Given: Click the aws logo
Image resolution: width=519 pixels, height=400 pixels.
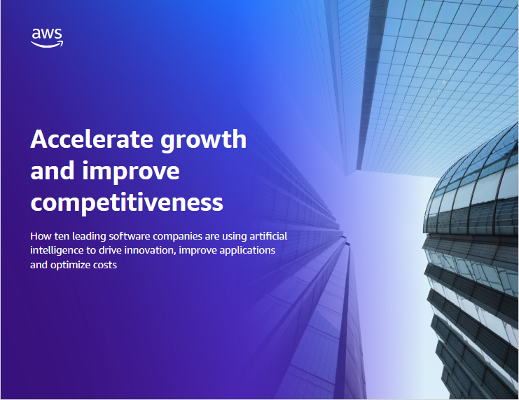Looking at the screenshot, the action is point(47,38).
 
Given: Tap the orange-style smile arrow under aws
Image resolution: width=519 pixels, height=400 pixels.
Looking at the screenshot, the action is point(47,44).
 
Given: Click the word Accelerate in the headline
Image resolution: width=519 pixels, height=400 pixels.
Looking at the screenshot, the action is point(92,139).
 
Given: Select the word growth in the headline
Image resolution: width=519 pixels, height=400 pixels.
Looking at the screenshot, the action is point(204,140).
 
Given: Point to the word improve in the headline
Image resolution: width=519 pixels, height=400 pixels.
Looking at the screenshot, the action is point(131,172).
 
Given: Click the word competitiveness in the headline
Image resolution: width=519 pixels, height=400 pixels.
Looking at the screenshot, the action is point(127,203).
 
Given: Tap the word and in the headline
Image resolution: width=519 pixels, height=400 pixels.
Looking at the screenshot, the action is point(53,170).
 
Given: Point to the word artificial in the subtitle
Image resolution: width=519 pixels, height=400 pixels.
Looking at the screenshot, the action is point(268,236).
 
